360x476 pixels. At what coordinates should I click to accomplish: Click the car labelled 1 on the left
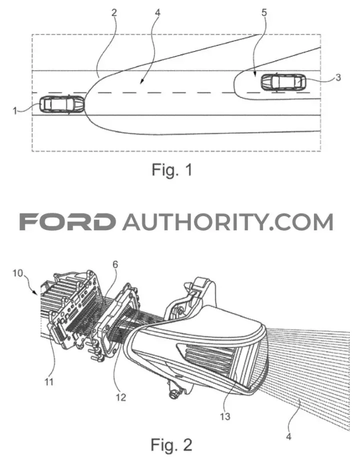click(x=62, y=105)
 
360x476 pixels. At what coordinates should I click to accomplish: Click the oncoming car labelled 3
click(x=283, y=82)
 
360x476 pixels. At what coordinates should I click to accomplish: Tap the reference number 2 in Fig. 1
click(x=114, y=13)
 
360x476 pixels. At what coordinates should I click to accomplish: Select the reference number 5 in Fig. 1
click(x=264, y=13)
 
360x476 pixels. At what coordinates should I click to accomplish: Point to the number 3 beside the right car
click(x=338, y=78)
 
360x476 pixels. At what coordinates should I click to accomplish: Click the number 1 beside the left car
click(x=15, y=111)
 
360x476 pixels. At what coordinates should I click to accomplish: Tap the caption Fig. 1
click(x=172, y=170)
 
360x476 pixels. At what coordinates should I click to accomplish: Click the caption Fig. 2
click(x=171, y=445)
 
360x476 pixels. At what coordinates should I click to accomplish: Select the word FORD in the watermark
click(x=67, y=222)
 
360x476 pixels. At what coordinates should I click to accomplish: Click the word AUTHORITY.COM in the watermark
click(x=227, y=222)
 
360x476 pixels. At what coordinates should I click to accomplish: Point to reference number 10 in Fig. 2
click(x=18, y=273)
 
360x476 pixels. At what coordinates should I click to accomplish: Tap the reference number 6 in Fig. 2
click(x=115, y=264)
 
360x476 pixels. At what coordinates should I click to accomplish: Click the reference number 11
click(x=48, y=381)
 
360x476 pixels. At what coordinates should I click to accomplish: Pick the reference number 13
click(x=225, y=416)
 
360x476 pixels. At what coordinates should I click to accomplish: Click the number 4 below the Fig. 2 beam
click(x=288, y=437)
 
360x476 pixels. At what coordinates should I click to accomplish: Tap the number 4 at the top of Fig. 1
click(x=157, y=13)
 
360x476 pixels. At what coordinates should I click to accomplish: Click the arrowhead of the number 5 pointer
click(x=255, y=75)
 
